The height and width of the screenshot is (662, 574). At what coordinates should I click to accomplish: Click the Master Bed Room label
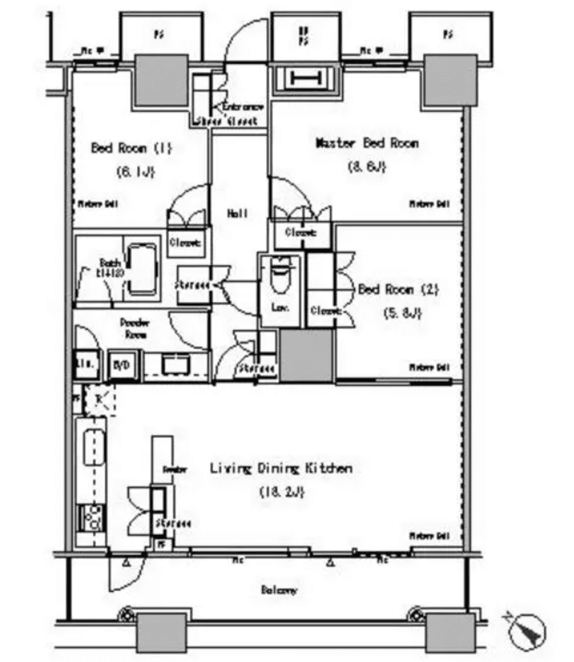point(366,144)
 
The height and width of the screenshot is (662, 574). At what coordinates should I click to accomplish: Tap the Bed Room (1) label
point(130,148)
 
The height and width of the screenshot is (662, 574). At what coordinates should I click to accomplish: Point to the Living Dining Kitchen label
point(280,469)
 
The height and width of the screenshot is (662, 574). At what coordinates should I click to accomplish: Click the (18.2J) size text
point(282,493)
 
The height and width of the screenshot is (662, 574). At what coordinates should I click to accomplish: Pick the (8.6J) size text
point(366,168)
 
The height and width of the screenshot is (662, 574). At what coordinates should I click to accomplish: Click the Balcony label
point(279,590)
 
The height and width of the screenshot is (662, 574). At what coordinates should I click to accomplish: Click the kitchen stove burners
point(93,517)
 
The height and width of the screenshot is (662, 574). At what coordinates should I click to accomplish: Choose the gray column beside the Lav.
point(306,356)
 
